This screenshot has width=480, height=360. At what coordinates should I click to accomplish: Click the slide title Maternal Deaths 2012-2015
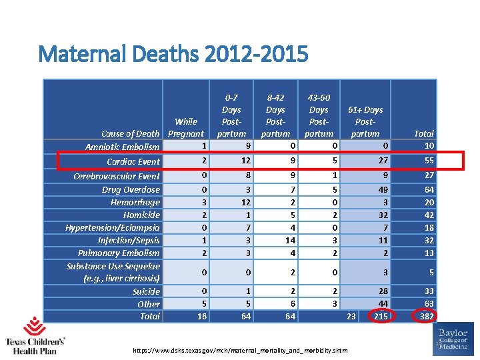[173, 54]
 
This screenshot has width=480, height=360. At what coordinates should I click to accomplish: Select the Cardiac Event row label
[133, 161]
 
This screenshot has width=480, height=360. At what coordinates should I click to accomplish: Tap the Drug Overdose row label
[131, 189]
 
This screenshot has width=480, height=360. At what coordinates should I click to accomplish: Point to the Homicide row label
[141, 215]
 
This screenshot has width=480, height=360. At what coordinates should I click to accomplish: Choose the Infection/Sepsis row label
[129, 240]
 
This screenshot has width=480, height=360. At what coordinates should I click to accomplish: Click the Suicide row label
[146, 291]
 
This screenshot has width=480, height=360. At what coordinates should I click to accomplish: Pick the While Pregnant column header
[186, 127]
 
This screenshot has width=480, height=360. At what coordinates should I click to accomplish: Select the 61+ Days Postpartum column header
[365, 121]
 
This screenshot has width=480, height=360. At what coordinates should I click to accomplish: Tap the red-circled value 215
[381, 316]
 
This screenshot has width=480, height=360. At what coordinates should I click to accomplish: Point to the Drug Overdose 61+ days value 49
[381, 189]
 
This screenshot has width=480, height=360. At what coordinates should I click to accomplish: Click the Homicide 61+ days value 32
[381, 215]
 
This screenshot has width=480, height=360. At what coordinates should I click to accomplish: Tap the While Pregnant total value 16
[201, 316]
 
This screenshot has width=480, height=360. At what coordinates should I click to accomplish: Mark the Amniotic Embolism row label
[123, 147]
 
